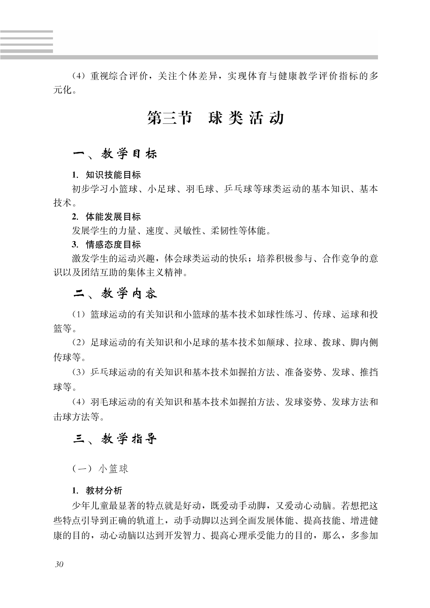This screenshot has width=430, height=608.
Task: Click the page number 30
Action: click(x=59, y=564)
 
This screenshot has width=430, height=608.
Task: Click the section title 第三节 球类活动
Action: click(x=215, y=118)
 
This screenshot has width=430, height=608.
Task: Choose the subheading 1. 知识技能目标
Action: click(x=106, y=175)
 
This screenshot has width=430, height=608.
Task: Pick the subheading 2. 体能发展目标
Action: click(x=106, y=217)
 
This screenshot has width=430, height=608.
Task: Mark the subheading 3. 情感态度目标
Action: click(x=106, y=245)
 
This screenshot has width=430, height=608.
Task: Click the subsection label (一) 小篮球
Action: click(x=100, y=469)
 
